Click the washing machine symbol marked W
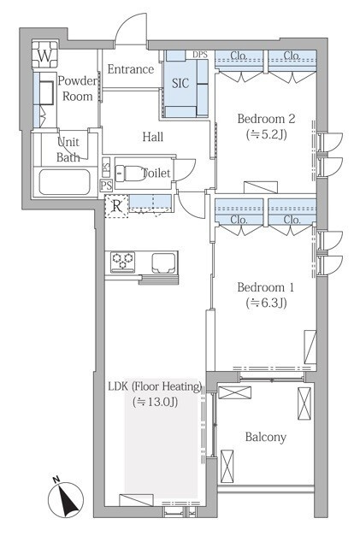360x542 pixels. coord(44,55)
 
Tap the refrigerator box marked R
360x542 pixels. coord(116,206)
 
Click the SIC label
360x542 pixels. coord(180,83)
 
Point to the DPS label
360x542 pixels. coord(199,55)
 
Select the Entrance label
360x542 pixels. coord(130,69)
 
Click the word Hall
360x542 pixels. coord(152,137)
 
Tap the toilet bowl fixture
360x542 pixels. coord(131,173)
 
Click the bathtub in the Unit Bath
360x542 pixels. coord(64,182)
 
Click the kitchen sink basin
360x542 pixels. coord(163,261)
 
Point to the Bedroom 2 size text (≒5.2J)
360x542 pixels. coord(266,134)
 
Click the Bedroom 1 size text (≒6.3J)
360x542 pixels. coord(266,303)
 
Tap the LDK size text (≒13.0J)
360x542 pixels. coord(156,402)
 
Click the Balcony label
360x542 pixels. coord(266,437)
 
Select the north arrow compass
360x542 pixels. coord(66,500)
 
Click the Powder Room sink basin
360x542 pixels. coord(46,92)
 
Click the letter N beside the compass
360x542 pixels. coord(56,479)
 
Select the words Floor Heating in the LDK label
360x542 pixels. coord(167,386)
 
